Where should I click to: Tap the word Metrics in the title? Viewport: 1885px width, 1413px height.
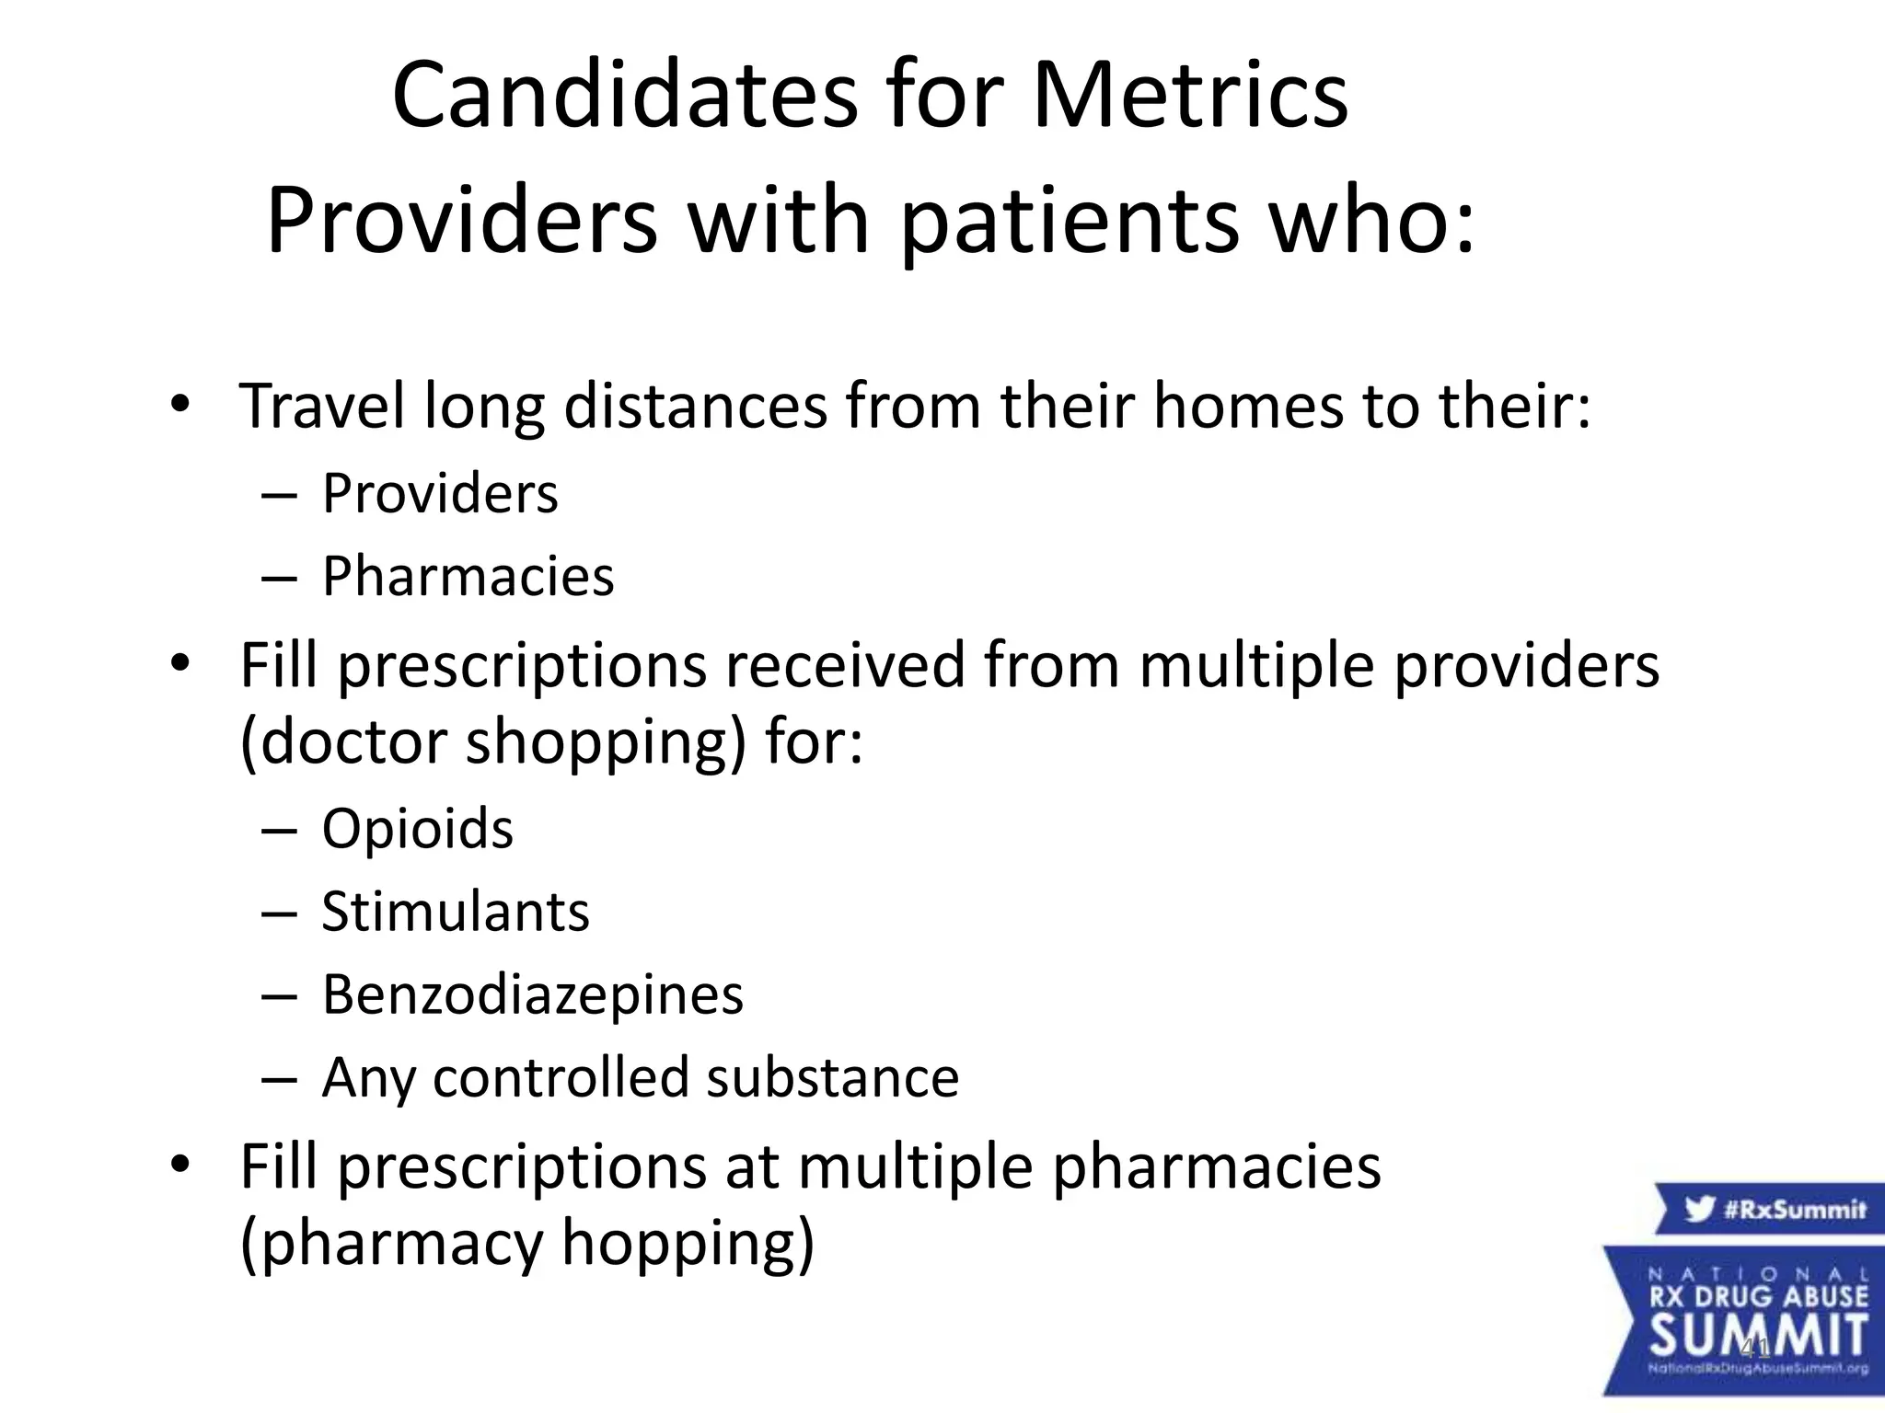(1189, 97)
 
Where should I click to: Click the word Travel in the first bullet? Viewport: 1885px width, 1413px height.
(320, 406)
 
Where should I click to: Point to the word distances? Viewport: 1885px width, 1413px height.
(695, 406)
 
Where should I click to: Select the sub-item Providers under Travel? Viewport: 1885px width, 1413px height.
(439, 494)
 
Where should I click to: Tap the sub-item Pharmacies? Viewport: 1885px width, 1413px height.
(468, 577)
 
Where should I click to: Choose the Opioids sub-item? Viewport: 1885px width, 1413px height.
(417, 829)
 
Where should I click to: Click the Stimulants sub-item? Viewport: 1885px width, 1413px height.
(455, 912)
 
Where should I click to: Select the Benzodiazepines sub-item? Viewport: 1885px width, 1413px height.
(532, 994)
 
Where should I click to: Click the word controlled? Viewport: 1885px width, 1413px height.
(560, 1077)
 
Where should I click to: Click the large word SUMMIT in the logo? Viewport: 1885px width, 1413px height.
(1758, 1335)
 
